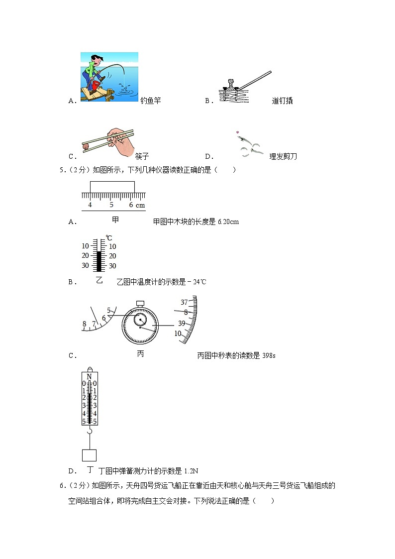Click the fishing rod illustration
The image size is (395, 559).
[x=109, y=77]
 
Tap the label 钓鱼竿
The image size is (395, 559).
[x=151, y=101]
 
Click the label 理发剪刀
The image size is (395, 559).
[x=283, y=156]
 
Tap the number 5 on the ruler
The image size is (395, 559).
[x=111, y=205]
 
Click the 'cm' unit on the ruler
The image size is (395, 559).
[x=140, y=205]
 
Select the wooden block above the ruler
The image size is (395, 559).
[x=112, y=187]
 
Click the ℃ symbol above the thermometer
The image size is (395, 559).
[x=108, y=238]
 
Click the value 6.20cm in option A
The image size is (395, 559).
[x=228, y=222]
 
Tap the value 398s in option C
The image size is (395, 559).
[x=268, y=355]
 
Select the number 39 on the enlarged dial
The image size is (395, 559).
[x=182, y=323]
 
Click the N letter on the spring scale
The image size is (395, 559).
[x=90, y=377]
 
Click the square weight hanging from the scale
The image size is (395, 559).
[x=89, y=455]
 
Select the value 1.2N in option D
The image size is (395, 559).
[x=191, y=471]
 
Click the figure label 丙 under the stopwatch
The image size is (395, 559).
[x=140, y=354]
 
